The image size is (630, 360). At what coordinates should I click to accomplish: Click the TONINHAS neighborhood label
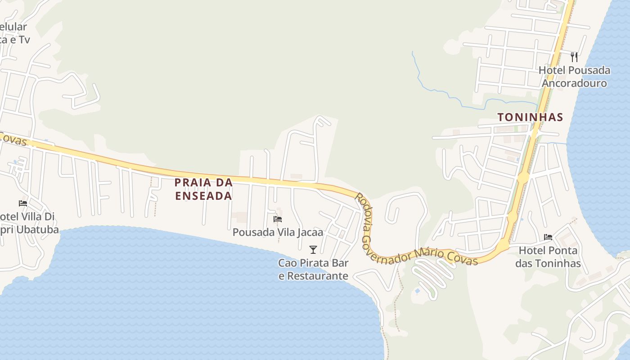click(530, 117)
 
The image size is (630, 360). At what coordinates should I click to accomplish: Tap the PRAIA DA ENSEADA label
click(203, 189)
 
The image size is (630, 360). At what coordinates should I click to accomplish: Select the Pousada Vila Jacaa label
click(278, 232)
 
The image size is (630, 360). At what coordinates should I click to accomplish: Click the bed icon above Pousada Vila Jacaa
click(278, 219)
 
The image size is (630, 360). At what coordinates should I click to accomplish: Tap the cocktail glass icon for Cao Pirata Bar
click(313, 249)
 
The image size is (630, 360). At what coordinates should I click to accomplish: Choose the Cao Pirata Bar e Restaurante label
click(313, 269)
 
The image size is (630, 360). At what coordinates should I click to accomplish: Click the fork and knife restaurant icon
click(574, 57)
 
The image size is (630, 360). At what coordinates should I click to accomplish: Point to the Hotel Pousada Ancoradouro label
click(574, 76)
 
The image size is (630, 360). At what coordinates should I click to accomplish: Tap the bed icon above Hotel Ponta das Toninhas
click(548, 237)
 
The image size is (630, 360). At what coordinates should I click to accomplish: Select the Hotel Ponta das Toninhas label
click(548, 256)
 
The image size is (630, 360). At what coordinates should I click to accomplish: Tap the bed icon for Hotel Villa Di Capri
click(23, 203)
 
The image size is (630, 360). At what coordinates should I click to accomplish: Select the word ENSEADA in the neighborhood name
click(203, 196)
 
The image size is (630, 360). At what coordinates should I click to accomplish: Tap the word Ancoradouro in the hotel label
click(574, 83)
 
